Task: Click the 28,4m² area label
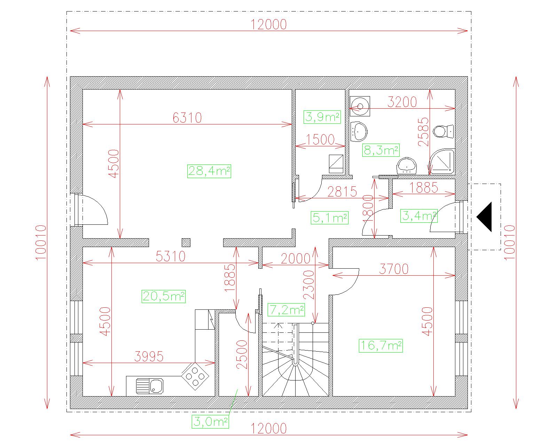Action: tap(209, 171)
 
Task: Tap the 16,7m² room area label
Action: tap(381, 346)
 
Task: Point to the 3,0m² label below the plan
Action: tap(210, 422)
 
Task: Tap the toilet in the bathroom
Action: tap(444, 131)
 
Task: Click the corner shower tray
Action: tap(442, 161)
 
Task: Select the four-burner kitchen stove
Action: tap(195, 376)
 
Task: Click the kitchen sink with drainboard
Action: tap(150, 386)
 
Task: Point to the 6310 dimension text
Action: tap(187, 118)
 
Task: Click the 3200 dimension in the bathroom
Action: tap(402, 102)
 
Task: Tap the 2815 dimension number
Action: tap(342, 192)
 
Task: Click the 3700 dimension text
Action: tap(394, 269)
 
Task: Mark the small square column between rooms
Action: tap(186, 243)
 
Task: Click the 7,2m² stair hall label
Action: tap(286, 310)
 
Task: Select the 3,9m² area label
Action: tap(322, 117)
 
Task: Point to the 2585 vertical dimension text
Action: tap(423, 132)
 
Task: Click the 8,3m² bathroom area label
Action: tap(381, 150)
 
